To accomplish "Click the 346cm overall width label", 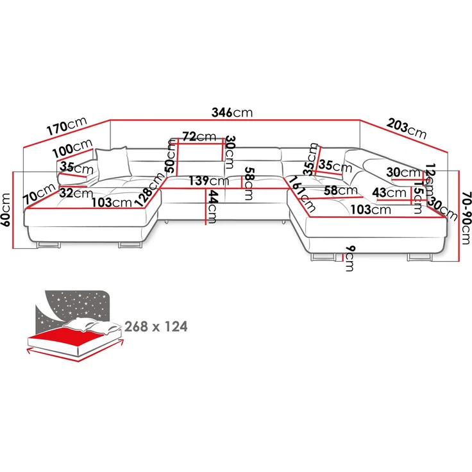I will coord(232,112).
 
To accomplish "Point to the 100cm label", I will coord(73,149).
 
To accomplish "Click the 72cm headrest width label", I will coord(199,137).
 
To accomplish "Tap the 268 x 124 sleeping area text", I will coord(156,327).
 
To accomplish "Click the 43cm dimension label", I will coord(389,192).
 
